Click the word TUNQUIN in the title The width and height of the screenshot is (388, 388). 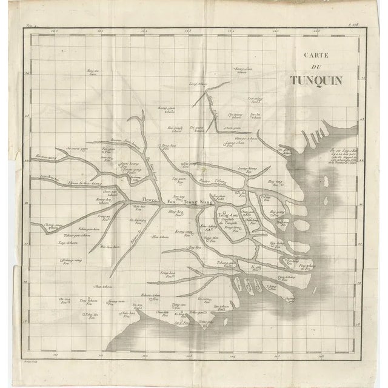[x=315, y=79]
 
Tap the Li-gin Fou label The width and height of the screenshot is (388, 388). [x=255, y=267]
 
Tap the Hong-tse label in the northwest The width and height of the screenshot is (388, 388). [x=92, y=73]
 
